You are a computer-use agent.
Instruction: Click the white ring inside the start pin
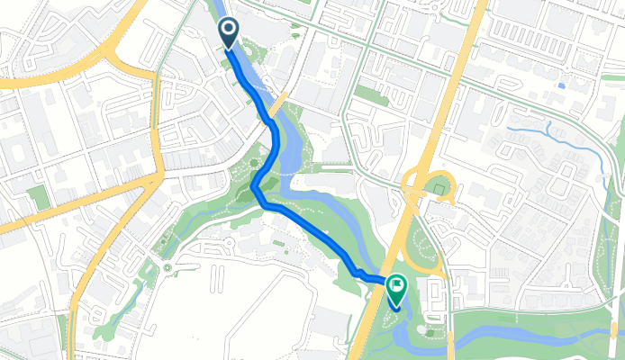pyautogui.click(x=229, y=30)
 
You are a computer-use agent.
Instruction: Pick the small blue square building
pyautogui.click(x=563, y=85)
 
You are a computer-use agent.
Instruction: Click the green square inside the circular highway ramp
pyautogui.click(x=439, y=188)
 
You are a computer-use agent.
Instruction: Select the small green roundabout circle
pyautogui.click(x=167, y=268)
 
